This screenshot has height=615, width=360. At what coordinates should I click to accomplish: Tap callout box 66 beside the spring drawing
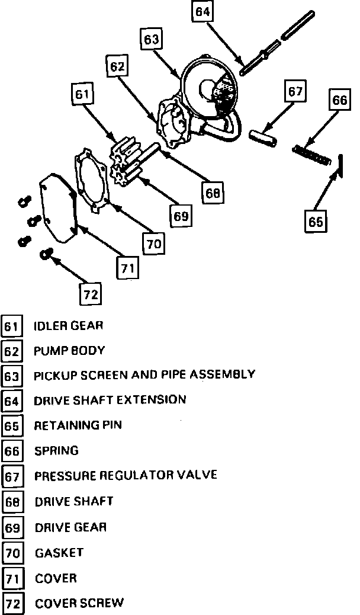pyautogui.click(x=339, y=100)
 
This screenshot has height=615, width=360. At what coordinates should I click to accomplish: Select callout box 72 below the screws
pyautogui.click(x=90, y=294)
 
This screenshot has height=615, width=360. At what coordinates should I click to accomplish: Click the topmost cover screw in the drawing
pyautogui.click(x=23, y=200)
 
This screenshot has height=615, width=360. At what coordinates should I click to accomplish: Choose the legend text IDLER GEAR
pyautogui.click(x=69, y=325)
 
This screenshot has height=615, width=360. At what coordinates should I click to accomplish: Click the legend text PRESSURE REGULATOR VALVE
pyautogui.click(x=126, y=475)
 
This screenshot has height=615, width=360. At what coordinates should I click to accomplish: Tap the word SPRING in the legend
pyautogui.click(x=56, y=451)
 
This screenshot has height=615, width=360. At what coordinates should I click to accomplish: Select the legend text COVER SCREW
pyautogui.click(x=79, y=603)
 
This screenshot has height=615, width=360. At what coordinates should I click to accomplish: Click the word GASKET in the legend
pyautogui.click(x=59, y=553)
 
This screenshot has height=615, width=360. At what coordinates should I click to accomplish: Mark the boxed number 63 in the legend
pyautogui.click(x=12, y=376)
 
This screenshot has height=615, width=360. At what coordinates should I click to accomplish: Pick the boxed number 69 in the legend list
pyautogui.click(x=12, y=527)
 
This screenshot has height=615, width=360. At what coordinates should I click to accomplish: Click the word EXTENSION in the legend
pyautogui.click(x=152, y=400)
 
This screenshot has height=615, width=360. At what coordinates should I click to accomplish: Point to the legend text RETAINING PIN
pyautogui.click(x=78, y=425)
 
